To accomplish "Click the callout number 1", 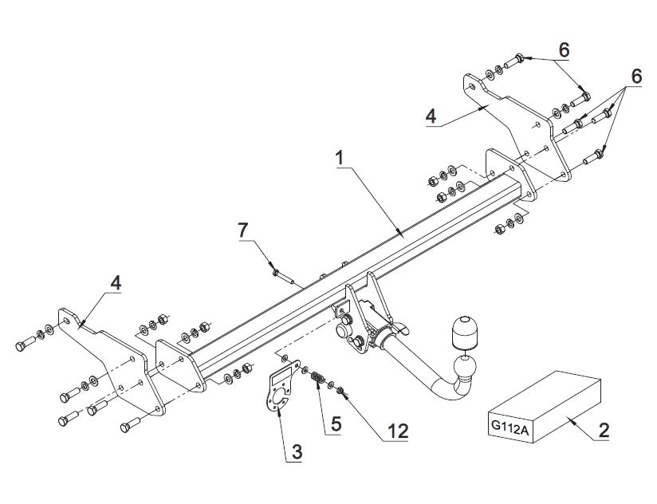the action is [340, 159].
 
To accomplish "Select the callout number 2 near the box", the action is [604, 431].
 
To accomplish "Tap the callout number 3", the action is [297, 452].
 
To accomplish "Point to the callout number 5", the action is [336, 424].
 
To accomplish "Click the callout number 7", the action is [243, 230].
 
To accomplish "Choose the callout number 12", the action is [398, 431].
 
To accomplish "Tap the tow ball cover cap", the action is [463, 332].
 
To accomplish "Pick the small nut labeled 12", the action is [341, 391].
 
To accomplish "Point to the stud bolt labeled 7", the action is [283, 277].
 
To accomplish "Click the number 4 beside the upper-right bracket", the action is [431, 116].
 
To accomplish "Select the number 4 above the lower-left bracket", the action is [116, 283].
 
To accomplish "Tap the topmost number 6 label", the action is [564, 50].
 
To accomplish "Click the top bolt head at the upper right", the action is [519, 57].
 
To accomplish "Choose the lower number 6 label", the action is [636, 77].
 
